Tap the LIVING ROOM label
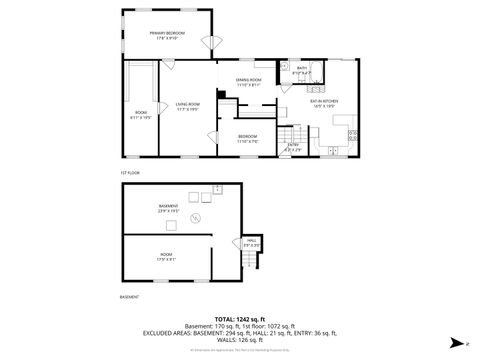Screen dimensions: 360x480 pyautogui.click(x=188, y=104)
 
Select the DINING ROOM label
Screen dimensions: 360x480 pyautogui.click(x=248, y=80)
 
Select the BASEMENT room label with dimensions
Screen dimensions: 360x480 pyautogui.click(x=168, y=207)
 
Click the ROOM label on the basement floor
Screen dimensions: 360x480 pyautogui.click(x=165, y=256)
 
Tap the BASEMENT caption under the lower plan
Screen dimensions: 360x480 pyautogui.click(x=128, y=297)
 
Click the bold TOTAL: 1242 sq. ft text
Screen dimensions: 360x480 pyautogui.click(x=240, y=318)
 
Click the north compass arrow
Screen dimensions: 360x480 pyautogui.click(x=456, y=341)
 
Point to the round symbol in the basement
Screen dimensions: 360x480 pyautogui.click(x=197, y=217)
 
